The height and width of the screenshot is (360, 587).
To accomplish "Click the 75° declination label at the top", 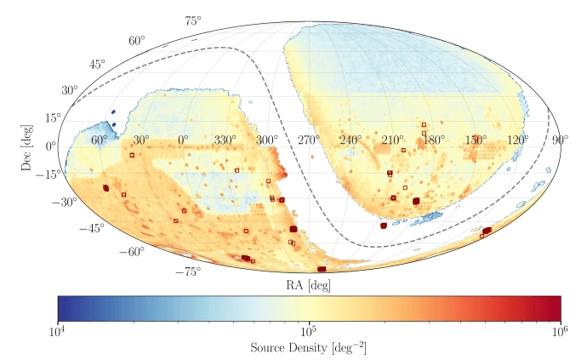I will click(193, 20).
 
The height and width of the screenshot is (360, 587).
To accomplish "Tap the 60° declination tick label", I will click(137, 40).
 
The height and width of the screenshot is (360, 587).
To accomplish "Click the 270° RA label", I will click(308, 140).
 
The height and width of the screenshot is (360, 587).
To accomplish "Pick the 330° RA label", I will click(225, 140).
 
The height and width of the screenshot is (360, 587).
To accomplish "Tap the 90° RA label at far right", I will click(560, 140).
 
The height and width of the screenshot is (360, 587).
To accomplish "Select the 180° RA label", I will click(434, 140).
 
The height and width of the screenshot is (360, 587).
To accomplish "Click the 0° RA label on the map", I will click(183, 140).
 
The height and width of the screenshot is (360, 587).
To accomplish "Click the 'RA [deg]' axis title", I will click(308, 283).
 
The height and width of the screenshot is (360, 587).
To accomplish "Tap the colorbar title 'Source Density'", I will click(308, 347).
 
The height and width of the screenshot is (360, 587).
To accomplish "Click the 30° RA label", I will click(140, 140).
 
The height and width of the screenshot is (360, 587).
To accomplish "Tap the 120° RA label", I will click(517, 140).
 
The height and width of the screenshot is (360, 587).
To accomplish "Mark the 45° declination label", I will click(98, 65).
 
